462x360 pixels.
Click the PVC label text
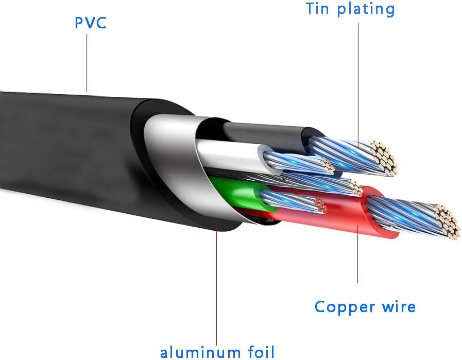point(90,23)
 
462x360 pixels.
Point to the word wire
point(397,307)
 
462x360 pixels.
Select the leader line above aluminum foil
point(217,288)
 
